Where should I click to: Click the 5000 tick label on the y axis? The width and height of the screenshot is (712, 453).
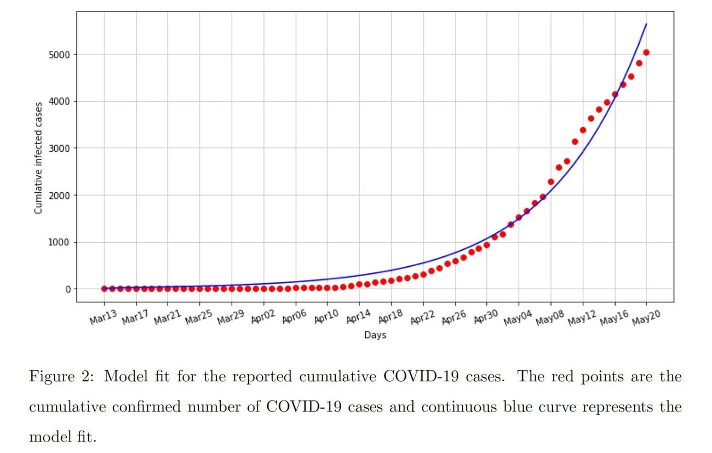[x=59, y=55]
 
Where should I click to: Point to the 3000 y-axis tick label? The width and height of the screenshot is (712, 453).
[x=59, y=148]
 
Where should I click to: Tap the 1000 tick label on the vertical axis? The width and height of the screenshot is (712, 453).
[x=59, y=242]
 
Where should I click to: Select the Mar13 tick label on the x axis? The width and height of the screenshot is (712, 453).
[x=103, y=317]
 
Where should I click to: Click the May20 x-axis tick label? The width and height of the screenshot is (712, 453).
[x=646, y=317]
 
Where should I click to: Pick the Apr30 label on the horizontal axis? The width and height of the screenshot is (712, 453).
[x=485, y=317]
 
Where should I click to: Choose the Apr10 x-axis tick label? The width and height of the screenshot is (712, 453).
[x=326, y=317]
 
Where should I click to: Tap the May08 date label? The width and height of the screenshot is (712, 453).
[x=549, y=318]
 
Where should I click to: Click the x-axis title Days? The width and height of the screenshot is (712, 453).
[x=375, y=335]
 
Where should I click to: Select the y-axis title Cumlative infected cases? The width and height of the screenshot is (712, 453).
[x=38, y=158]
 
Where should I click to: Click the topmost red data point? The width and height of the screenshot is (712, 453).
[x=646, y=53]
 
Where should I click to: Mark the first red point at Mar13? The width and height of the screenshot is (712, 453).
[x=104, y=289]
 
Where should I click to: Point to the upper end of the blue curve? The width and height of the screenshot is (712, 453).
[x=646, y=24]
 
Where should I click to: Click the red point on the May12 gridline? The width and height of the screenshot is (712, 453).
[x=583, y=130]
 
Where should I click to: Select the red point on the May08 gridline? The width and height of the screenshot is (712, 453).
[x=551, y=182]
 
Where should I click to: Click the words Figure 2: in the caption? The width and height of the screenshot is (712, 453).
[x=62, y=377]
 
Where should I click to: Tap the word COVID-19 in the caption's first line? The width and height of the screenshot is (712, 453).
[x=421, y=376]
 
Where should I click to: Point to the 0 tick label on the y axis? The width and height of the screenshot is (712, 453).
[x=68, y=289]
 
